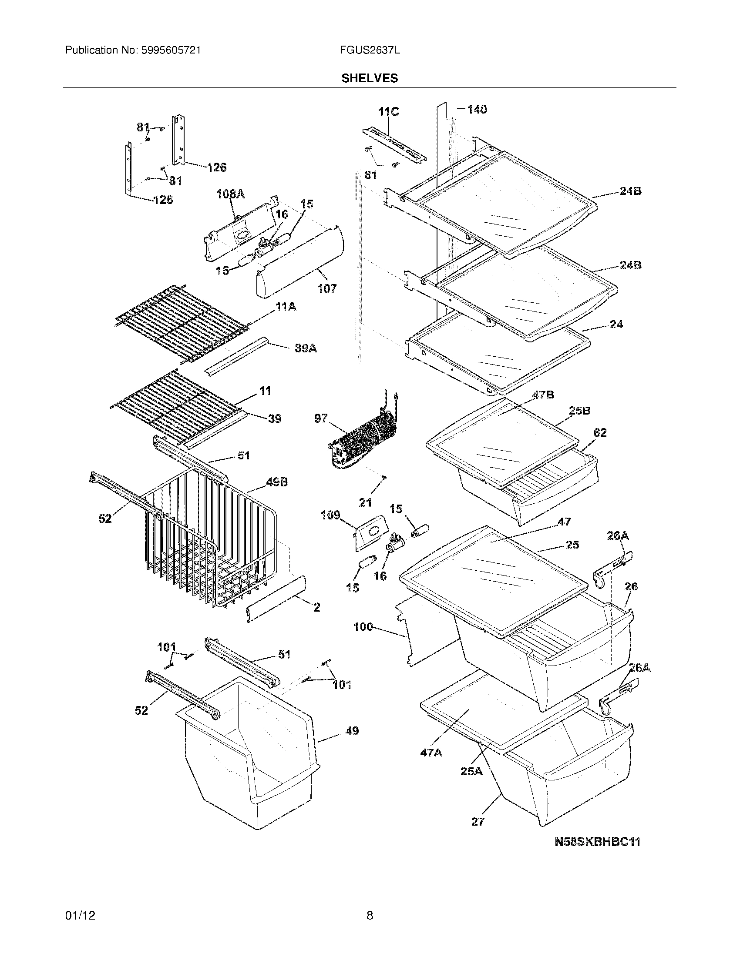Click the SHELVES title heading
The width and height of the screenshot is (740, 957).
[370, 78]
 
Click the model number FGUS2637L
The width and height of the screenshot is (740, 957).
[370, 50]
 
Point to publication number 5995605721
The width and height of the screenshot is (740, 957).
[171, 50]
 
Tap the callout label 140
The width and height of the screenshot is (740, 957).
[477, 109]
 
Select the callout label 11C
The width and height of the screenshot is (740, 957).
[388, 112]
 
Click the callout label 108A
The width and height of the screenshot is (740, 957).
[231, 194]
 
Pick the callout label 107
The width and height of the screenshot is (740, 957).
[327, 288]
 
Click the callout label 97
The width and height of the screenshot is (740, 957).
[321, 418]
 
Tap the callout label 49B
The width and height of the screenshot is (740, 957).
[277, 482]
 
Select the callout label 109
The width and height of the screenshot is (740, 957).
[330, 515]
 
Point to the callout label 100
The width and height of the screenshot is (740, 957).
[363, 627]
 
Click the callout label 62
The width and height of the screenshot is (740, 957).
[600, 433]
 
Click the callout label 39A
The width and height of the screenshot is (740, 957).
[306, 348]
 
